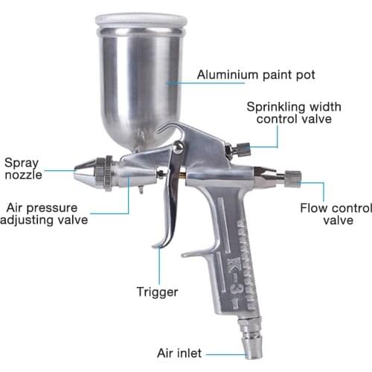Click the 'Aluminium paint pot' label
pos(255,74)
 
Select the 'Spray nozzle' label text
pos(23,169)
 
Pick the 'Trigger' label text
pos(157,291)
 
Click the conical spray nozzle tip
pos(86,173)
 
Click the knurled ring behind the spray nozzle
pos(109,173)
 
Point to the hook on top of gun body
pos(173,129)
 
